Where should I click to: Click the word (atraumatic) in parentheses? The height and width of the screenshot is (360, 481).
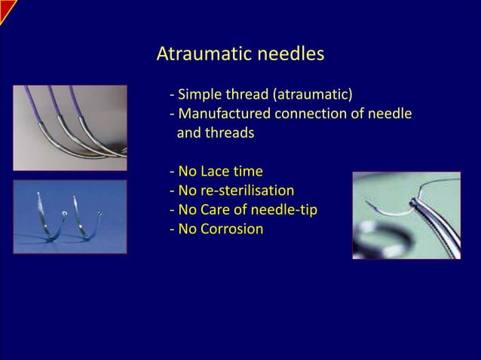click(311, 95)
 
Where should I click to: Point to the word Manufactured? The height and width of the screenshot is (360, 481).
click(222, 114)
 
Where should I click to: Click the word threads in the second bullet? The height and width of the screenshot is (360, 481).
click(232, 133)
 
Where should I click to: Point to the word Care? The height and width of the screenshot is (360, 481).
click(222, 209)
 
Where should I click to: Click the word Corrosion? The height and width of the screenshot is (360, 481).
click(233, 228)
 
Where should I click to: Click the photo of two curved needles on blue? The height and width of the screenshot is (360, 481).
click(69, 216)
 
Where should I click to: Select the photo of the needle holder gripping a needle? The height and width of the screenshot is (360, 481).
click(406, 215)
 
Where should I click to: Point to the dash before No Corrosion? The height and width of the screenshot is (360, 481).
click(173, 228)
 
